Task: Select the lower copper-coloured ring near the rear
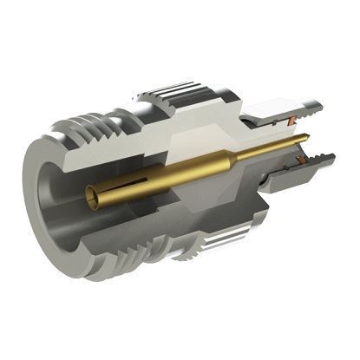point(299,160)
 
